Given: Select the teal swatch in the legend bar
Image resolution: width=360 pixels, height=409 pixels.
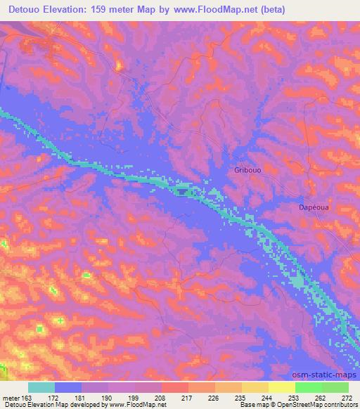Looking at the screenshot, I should pos(41,387).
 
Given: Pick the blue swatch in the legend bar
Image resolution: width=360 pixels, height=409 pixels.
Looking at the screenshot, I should pos(68,387).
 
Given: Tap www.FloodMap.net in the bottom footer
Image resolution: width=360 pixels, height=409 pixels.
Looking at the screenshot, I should pos(134,405).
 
